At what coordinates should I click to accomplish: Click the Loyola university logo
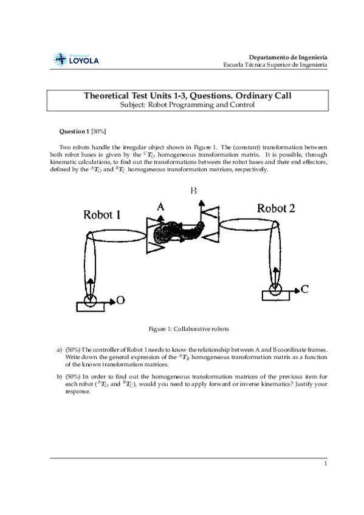pyautogui.click(x=76, y=60)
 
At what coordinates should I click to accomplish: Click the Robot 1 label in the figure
pyautogui.click(x=102, y=215)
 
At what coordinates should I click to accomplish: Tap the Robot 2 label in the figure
pyautogui.click(x=276, y=208)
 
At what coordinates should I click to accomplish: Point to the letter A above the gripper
pyautogui.click(x=160, y=207)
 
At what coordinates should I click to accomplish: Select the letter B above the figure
pyautogui.click(x=193, y=191)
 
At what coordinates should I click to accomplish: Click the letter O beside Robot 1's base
pyautogui.click(x=120, y=300)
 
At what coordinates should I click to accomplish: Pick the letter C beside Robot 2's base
pyautogui.click(x=304, y=289)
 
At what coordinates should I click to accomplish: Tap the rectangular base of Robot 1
pyautogui.click(x=91, y=307)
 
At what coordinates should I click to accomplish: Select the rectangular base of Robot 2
pyautogui.click(x=276, y=295)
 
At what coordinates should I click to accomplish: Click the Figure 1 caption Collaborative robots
pyautogui.click(x=188, y=329)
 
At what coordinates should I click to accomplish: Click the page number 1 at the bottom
pyautogui.click(x=326, y=464)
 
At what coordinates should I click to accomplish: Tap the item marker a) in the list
pyautogui.click(x=59, y=350)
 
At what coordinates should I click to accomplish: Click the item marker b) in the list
pyautogui.click(x=59, y=377)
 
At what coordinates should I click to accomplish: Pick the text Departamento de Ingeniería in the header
pyautogui.click(x=288, y=58)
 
